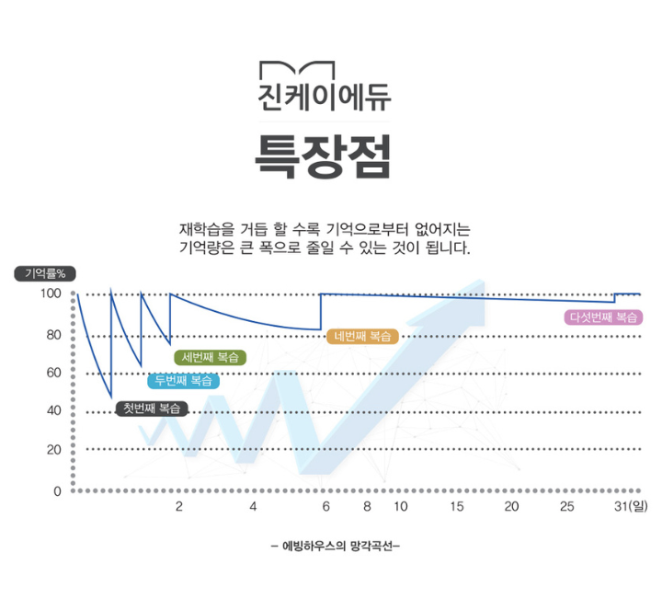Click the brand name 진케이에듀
pyautogui.click(x=323, y=100)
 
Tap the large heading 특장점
pyautogui.click(x=323, y=157)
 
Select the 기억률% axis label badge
pyautogui.click(x=45, y=273)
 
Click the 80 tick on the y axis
pyautogui.click(x=53, y=335)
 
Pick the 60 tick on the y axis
pyautogui.click(x=53, y=373)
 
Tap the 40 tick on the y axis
pyautogui.click(x=53, y=410)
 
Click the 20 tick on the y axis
pyautogui.click(x=53, y=449)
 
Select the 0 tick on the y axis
pyautogui.click(x=57, y=490)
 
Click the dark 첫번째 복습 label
pyautogui.click(x=152, y=409)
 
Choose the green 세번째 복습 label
pyautogui.click(x=211, y=357)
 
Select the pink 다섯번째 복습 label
pyautogui.click(x=604, y=317)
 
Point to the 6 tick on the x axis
pyautogui.click(x=325, y=507)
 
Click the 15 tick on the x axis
pyautogui.click(x=457, y=507)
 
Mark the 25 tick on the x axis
pyautogui.click(x=567, y=507)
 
